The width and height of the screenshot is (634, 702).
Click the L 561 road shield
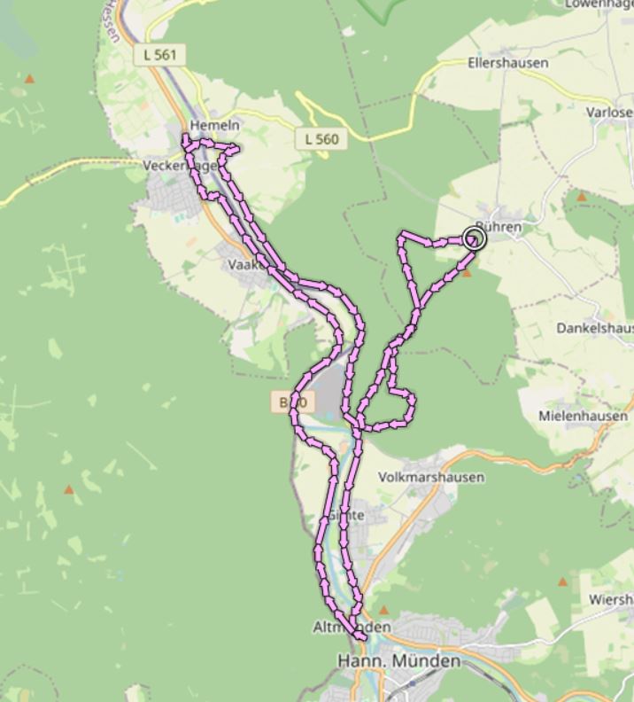[159, 55]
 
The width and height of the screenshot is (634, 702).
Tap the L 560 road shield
[321, 139]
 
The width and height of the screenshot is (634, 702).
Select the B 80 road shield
[292, 403]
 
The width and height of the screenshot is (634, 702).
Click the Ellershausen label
[507, 64]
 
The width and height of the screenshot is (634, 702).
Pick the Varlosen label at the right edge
[609, 113]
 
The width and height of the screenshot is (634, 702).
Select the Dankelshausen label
[594, 328]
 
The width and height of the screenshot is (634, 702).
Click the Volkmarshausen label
[431, 477]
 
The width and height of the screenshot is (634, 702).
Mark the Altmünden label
[352, 627]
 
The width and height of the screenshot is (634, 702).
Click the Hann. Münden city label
[399, 661]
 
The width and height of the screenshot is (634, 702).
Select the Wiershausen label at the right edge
[611, 600]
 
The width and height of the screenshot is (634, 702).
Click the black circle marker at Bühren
[475, 238]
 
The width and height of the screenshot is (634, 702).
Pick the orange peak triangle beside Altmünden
[383, 611]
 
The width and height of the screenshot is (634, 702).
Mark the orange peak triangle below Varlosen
[582, 197]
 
